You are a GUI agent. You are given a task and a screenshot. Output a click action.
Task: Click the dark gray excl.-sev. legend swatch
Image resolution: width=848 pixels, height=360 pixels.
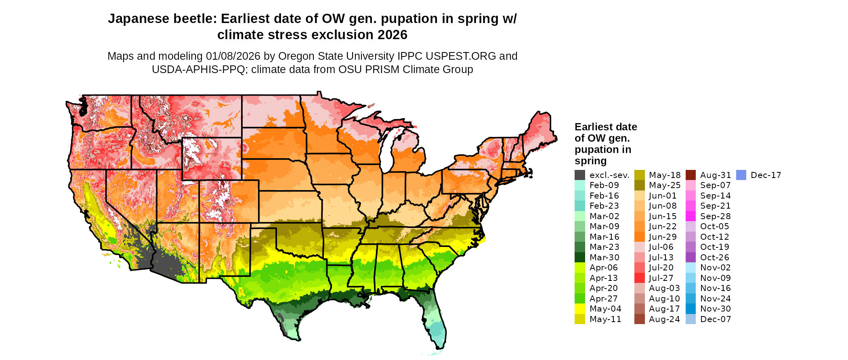tap(579, 175)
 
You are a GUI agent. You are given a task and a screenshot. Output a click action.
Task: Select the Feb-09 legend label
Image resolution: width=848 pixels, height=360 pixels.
tap(604, 185)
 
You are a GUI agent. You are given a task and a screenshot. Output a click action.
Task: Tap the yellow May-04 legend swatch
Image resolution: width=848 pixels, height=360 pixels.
tap(579, 309)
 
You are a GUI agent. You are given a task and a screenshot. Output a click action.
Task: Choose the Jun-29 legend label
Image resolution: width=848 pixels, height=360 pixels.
tap(662, 237)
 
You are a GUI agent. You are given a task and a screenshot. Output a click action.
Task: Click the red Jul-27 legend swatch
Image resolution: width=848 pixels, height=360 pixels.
tap(639, 278)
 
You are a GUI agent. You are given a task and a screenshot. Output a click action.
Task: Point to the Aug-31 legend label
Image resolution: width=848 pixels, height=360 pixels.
tap(715, 175)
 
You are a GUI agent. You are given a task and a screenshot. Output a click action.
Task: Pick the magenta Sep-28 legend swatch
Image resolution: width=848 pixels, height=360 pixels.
tap(691, 216)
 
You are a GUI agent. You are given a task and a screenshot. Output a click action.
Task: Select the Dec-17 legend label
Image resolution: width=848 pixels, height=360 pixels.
tap(766, 175)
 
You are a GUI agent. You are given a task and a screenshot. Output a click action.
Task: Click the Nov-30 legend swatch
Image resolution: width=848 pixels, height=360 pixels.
tap(691, 309)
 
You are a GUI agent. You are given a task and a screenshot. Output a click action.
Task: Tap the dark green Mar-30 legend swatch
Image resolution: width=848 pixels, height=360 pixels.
tap(579, 257)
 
